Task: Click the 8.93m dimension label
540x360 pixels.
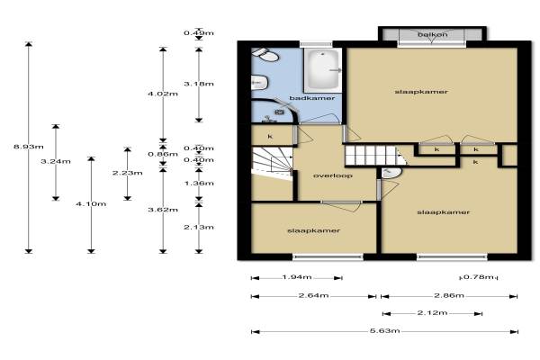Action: [x=29, y=147]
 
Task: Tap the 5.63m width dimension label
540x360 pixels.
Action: [x=384, y=330]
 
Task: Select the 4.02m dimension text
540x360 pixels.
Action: [x=163, y=94]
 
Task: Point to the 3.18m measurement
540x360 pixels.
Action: [x=199, y=84]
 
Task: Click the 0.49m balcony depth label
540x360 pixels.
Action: [x=199, y=33]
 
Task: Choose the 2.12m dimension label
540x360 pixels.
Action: [x=432, y=313]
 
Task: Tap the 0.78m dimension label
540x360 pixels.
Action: [x=479, y=277]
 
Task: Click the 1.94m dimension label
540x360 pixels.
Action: [x=297, y=277]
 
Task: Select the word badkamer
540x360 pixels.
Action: [x=312, y=98]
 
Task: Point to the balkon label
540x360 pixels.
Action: [x=433, y=34]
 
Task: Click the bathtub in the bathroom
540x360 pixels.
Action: [x=323, y=70]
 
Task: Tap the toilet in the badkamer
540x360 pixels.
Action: [x=265, y=55]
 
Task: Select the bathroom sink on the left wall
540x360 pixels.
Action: [x=260, y=83]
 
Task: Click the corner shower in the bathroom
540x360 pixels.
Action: [x=274, y=111]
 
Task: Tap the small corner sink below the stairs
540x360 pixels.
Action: [x=391, y=173]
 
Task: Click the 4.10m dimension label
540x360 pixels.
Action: [x=91, y=204]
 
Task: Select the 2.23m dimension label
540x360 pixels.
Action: [x=128, y=173]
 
